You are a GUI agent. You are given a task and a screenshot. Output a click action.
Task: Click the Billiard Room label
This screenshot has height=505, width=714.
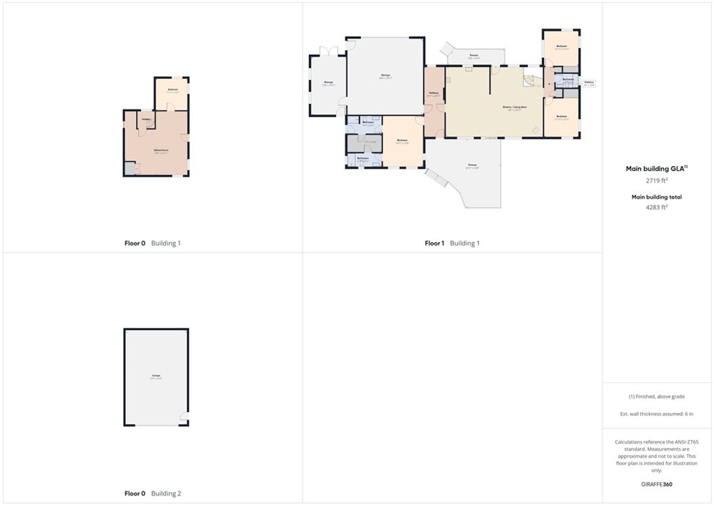(161, 151)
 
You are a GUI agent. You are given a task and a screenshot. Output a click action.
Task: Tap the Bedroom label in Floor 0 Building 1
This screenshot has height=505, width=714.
(173, 91)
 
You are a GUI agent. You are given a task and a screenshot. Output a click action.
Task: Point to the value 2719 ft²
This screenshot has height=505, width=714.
(657, 180)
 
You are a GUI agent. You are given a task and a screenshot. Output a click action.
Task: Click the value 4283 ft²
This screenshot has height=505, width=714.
(657, 206)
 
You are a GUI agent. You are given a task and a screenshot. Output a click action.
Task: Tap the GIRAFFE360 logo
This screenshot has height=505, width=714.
(658, 484)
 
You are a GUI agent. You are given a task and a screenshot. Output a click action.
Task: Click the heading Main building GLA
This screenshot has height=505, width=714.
(657, 168)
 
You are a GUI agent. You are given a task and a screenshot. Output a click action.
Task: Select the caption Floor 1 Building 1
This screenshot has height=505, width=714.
(452, 243)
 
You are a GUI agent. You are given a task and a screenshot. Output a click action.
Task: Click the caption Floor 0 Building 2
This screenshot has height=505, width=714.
(152, 493)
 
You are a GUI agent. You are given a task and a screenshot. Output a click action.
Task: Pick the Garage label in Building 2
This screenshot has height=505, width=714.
(155, 377)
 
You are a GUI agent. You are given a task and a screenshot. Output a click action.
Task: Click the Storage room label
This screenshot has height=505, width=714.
(328, 84)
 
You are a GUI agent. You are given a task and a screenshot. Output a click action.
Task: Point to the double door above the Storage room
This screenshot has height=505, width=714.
(328, 51)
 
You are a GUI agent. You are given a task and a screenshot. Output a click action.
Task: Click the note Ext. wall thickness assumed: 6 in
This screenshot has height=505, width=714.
(657, 414)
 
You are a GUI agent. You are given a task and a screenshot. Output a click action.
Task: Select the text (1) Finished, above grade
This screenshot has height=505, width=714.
(657, 396)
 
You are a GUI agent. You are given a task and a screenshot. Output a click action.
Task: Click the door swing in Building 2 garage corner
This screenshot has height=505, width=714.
(183, 419)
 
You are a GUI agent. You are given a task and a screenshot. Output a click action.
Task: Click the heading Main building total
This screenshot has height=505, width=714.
(657, 197)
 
